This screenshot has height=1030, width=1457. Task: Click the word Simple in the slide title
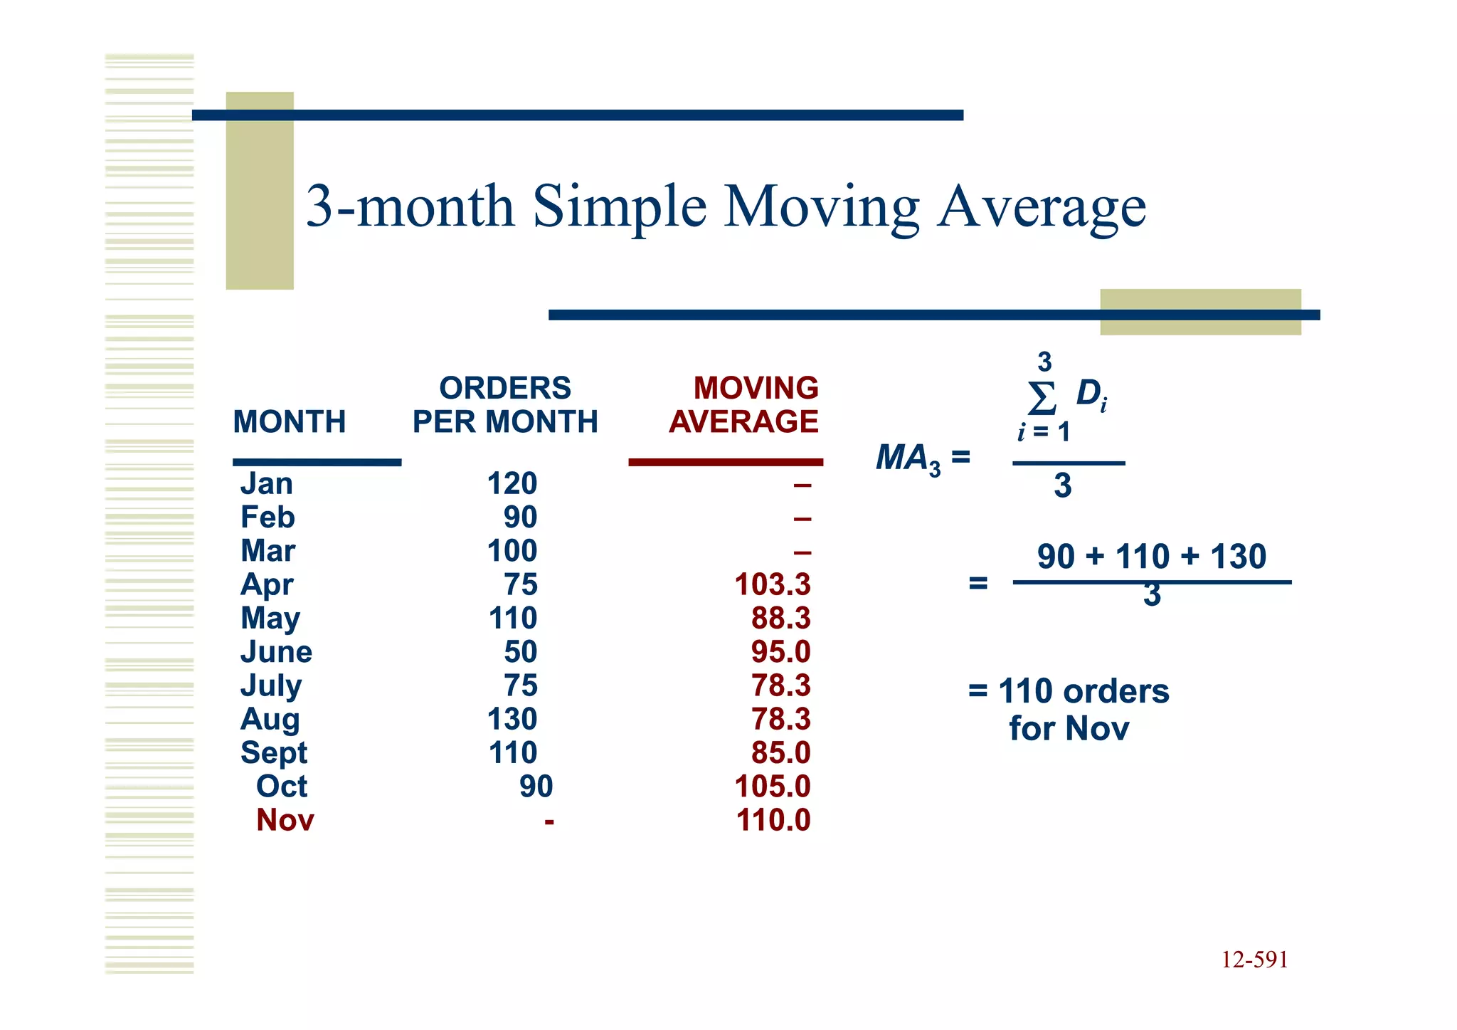620,207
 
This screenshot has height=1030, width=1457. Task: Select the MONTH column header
289,422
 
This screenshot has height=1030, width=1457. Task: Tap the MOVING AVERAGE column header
743,405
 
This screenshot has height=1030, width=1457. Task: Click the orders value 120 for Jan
512,484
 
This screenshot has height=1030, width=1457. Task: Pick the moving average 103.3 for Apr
772,585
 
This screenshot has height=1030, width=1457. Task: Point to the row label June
276,652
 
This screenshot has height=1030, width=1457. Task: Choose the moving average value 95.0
780,652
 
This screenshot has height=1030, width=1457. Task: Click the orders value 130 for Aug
512,720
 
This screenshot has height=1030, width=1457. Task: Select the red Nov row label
285,821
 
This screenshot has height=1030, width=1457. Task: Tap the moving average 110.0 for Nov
773,821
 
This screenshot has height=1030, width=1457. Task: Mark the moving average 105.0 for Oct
772,787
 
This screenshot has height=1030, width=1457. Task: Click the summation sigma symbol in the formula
1042,398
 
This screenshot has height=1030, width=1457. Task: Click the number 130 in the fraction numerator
1238,557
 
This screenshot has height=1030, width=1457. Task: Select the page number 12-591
1254,960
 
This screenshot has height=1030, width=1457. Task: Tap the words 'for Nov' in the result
1069,729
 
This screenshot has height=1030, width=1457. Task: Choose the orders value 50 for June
520,652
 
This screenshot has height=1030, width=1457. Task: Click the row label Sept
274,753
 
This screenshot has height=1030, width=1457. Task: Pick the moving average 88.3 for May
780,619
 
